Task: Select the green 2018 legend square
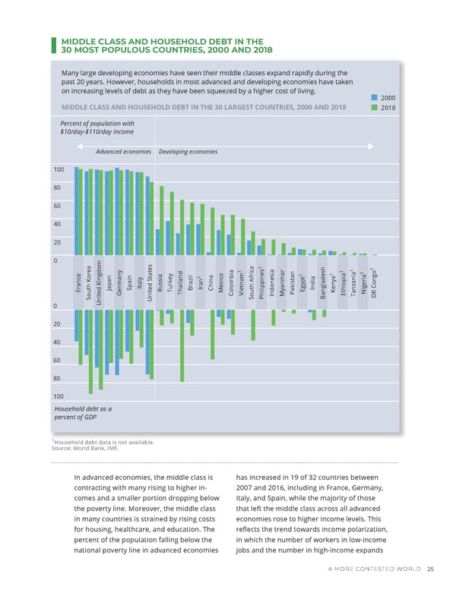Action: [374, 108]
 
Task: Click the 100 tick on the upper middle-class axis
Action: [56, 169]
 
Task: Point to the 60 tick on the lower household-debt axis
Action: [56, 360]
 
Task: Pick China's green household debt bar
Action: [213, 334]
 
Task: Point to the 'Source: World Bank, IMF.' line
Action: [86, 449]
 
